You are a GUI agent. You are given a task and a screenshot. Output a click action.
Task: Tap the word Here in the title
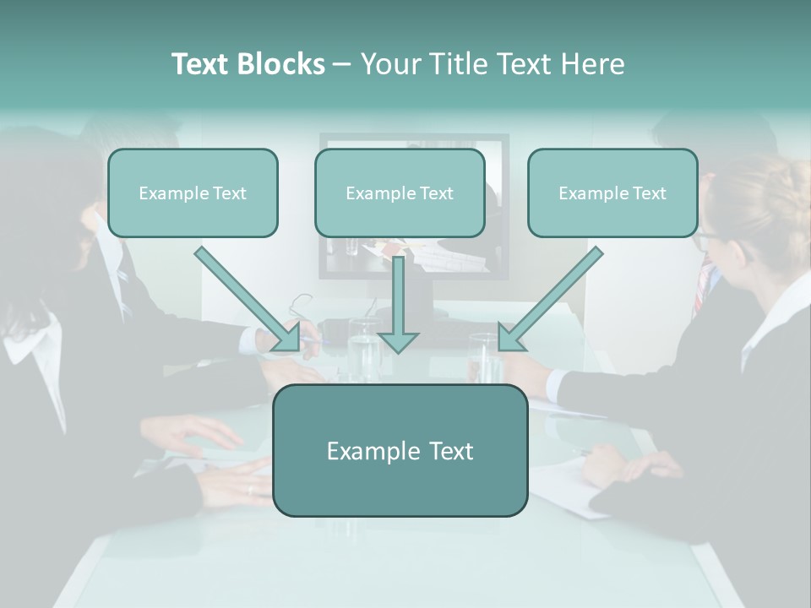(591, 64)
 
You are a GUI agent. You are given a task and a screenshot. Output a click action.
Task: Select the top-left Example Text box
(193, 193)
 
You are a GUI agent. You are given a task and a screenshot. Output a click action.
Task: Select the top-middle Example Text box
(400, 193)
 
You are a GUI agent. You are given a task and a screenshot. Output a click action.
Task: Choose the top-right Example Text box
(612, 193)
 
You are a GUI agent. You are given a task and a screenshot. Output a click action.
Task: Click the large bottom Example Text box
(400, 451)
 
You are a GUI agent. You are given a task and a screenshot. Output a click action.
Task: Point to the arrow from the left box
(249, 299)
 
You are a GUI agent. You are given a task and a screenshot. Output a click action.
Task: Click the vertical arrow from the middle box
(398, 304)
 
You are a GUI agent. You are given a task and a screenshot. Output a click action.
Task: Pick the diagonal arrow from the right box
(549, 300)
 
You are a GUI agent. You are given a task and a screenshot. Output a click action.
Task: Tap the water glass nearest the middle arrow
(364, 348)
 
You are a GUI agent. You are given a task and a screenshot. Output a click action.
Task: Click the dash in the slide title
(342, 65)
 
